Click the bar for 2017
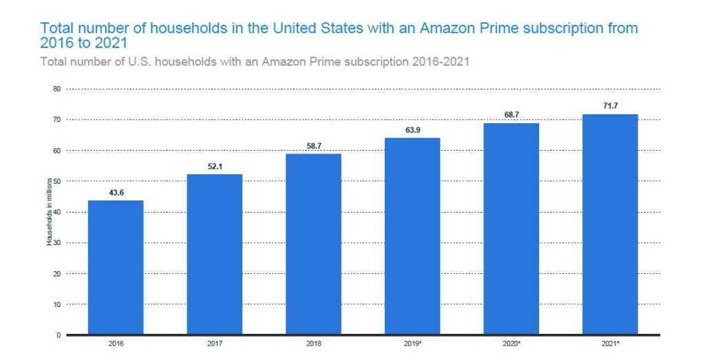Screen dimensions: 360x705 [214, 254]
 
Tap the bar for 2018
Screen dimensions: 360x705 [313, 244]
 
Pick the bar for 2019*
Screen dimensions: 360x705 [412, 236]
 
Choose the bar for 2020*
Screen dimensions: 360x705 [511, 229]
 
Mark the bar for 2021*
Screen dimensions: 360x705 [610, 224]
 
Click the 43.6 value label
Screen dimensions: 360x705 [116, 192]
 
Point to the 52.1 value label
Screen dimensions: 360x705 [214, 166]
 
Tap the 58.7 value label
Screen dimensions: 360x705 [313, 146]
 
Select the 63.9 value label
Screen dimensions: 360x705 [412, 129]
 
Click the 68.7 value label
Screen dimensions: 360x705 [511, 114]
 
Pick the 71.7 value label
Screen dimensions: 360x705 [610, 105]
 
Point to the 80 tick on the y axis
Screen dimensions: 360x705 [57, 89]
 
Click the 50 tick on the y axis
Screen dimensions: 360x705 [57, 181]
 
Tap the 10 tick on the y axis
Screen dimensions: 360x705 [57, 304]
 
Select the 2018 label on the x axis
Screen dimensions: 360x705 [313, 342]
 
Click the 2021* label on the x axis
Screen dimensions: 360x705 [610, 342]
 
